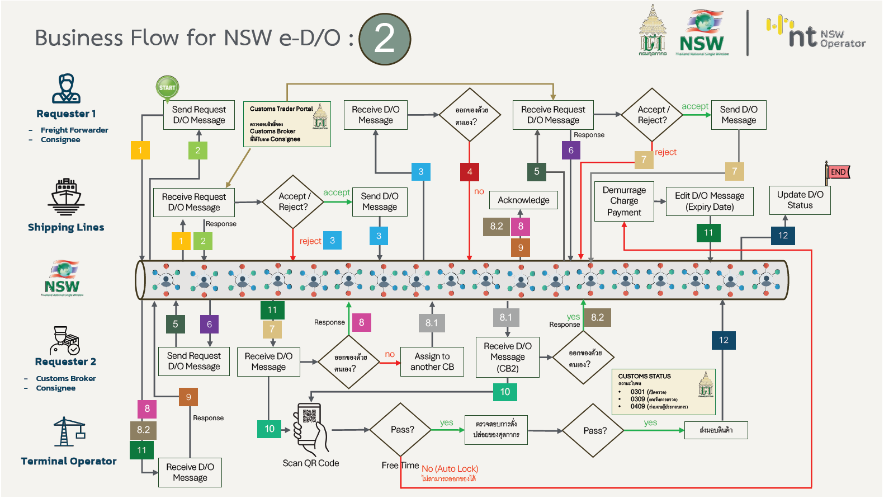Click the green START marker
(167, 87)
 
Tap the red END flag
(838, 172)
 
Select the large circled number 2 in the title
(385, 39)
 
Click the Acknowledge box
(523, 200)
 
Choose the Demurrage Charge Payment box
(624, 201)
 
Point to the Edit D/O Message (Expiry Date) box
(710, 201)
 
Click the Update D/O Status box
(800, 200)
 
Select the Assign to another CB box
(432, 361)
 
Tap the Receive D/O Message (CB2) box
(508, 357)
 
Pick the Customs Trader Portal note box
(287, 124)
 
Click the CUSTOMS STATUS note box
(663, 391)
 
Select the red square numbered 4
(470, 172)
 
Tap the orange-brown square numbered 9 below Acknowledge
(521, 247)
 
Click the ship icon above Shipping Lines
(66, 197)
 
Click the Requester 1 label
(66, 114)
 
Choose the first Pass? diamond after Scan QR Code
(402, 430)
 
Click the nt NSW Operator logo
(815, 34)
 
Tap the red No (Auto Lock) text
(450, 469)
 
